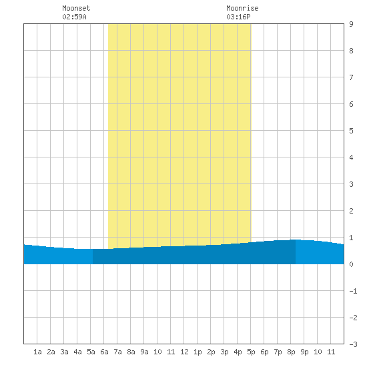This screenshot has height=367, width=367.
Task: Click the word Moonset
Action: [76, 8]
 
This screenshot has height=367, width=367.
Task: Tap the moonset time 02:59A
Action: [74, 17]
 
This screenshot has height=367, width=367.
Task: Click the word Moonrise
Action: [242, 8]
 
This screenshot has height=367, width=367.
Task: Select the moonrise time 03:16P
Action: [238, 17]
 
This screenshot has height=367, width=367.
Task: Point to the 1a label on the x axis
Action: [37, 352]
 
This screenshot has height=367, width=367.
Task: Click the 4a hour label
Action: [77, 352]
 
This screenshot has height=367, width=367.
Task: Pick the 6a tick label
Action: [104, 352]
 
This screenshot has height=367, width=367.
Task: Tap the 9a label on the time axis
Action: [144, 352]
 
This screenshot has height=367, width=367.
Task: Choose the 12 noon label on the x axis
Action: [184, 352]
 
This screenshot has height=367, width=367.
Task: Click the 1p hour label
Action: [198, 352]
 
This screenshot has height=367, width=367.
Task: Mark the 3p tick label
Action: [224, 352]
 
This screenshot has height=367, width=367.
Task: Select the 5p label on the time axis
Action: [251, 352]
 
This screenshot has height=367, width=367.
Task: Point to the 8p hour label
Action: [291, 352]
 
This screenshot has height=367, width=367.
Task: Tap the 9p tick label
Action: [304, 352]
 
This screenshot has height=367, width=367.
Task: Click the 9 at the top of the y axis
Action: [351, 24]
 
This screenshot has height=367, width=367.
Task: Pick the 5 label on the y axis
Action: [351, 131]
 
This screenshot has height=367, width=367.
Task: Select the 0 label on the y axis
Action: [351, 264]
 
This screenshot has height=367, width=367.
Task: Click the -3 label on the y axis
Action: [353, 344]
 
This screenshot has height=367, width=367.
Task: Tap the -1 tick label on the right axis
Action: [353, 291]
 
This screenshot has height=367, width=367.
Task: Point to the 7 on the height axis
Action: [351, 77]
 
